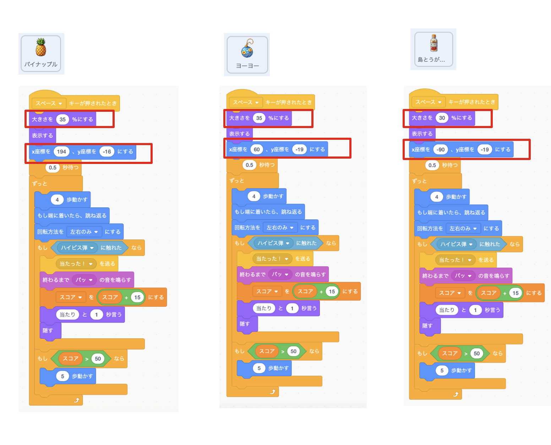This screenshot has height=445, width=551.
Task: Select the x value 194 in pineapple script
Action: [x=61, y=152]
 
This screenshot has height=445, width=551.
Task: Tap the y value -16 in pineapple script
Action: [x=107, y=152]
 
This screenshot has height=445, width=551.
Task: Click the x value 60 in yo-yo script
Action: [x=257, y=149]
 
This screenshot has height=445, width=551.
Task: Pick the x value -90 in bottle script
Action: [x=441, y=149]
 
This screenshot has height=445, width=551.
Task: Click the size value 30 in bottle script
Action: [x=442, y=118]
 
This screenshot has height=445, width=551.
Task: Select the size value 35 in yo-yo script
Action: [x=259, y=118]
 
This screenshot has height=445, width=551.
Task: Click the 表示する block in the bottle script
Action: [x=422, y=134]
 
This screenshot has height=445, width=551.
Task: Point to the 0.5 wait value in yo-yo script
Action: [x=250, y=165]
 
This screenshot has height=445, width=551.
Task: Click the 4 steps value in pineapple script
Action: [x=57, y=200]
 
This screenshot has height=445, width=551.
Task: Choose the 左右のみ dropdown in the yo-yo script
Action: [x=280, y=227]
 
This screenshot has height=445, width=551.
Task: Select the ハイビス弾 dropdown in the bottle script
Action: [x=457, y=244]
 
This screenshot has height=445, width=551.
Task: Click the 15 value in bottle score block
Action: [x=515, y=293]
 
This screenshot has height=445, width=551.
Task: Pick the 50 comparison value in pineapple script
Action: [x=98, y=359]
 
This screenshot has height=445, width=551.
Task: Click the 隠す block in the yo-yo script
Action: [x=245, y=324]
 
